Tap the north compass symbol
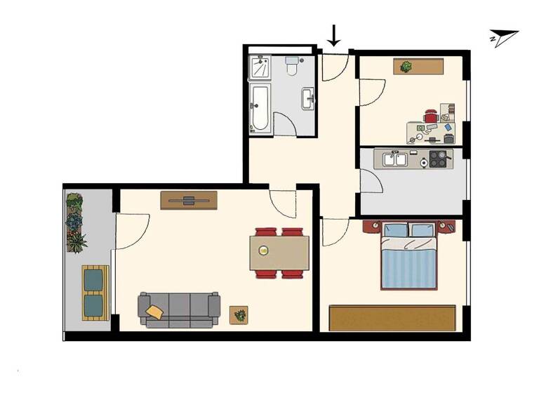pos(504,39)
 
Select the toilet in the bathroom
pos(293,67)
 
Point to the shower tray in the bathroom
pos(260,68)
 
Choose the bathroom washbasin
pos(308,98)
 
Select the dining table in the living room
pos(279,253)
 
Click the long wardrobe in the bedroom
pos(393,317)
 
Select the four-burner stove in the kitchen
pos(439,159)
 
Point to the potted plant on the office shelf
pos(406,67)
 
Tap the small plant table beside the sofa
pos(240,315)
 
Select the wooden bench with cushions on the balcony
pos(95,293)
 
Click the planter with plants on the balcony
pos(75,222)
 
